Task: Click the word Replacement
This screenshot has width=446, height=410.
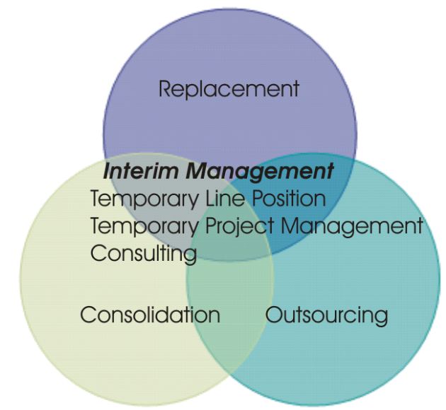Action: click(x=229, y=89)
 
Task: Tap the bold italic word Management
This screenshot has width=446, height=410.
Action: click(x=261, y=172)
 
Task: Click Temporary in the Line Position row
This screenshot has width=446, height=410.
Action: click(x=144, y=199)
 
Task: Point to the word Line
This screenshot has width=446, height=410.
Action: click(x=224, y=198)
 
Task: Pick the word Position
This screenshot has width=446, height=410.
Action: click(x=289, y=198)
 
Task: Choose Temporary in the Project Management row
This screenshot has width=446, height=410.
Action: click(x=144, y=226)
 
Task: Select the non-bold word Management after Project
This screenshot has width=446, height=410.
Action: click(x=352, y=227)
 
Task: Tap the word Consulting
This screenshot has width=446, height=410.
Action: click(x=144, y=254)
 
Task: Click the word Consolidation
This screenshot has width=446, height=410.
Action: click(x=151, y=315)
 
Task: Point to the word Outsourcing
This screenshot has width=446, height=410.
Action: click(x=326, y=315)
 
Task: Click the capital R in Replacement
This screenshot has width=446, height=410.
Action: click(x=166, y=89)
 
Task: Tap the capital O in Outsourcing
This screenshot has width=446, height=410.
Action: click(x=274, y=315)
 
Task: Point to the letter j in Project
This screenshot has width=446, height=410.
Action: click(x=243, y=228)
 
